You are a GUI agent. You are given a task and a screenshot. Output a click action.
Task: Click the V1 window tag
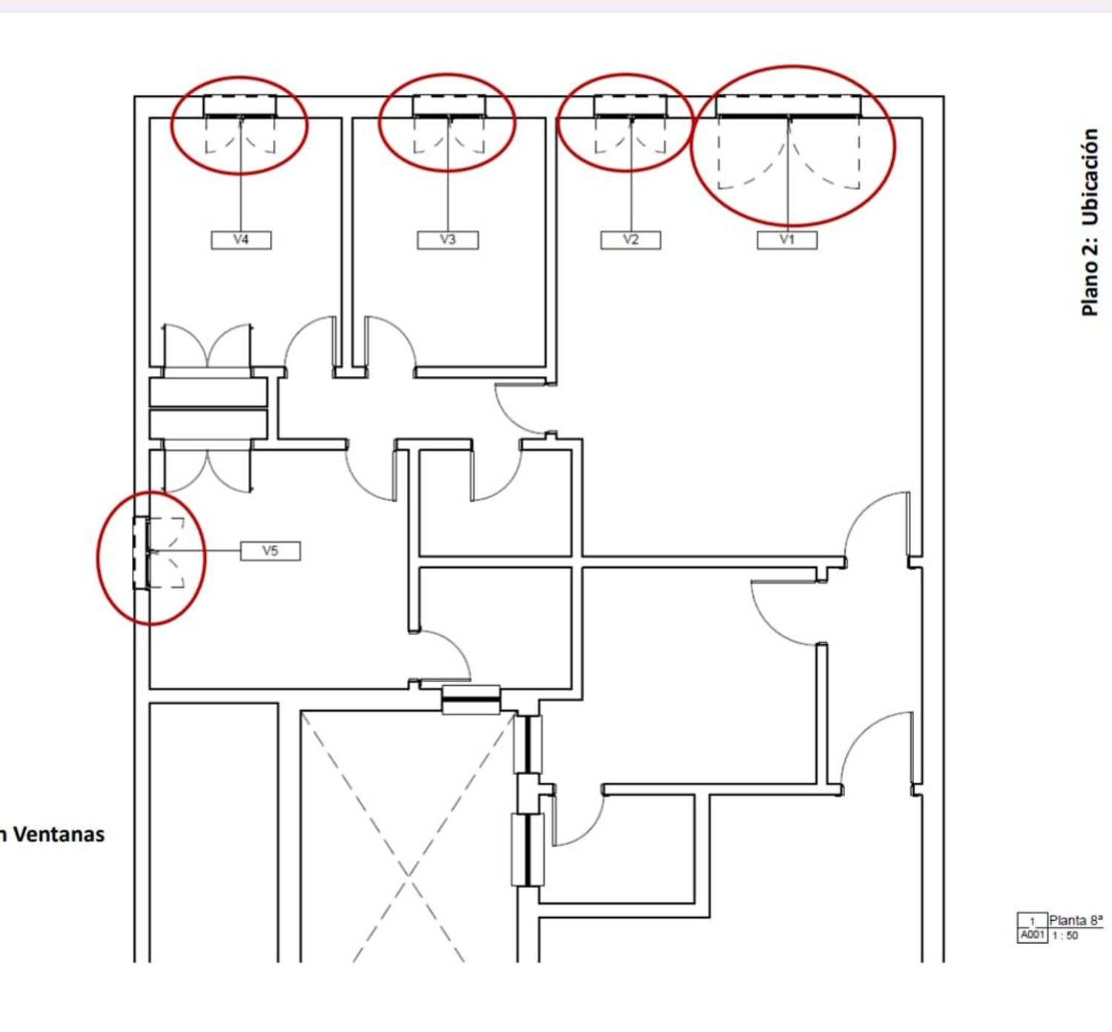click(787, 240)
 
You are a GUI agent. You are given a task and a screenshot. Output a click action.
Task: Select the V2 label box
click(630, 240)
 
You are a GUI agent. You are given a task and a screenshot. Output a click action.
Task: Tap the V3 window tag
click(447, 240)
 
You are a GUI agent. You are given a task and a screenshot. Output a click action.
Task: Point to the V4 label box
click(242, 240)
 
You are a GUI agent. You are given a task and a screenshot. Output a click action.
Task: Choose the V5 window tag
click(271, 551)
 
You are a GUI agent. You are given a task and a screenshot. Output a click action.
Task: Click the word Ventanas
click(59, 834)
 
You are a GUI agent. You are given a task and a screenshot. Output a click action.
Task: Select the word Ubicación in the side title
click(1090, 177)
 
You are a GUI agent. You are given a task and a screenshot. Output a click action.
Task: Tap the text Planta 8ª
click(1076, 921)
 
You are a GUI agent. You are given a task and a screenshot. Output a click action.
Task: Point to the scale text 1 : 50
click(1065, 936)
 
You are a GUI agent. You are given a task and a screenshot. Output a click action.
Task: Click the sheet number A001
click(1032, 936)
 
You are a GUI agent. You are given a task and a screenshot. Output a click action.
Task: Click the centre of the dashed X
click(408, 875)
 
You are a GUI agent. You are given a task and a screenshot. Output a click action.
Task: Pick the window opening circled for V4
click(239, 107)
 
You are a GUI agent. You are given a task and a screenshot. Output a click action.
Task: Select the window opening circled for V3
click(449, 107)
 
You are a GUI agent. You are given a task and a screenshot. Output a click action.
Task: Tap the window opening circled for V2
click(630, 107)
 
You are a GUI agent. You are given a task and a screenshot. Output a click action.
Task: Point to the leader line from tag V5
click(196, 551)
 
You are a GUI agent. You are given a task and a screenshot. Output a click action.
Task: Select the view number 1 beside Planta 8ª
click(1033, 922)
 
